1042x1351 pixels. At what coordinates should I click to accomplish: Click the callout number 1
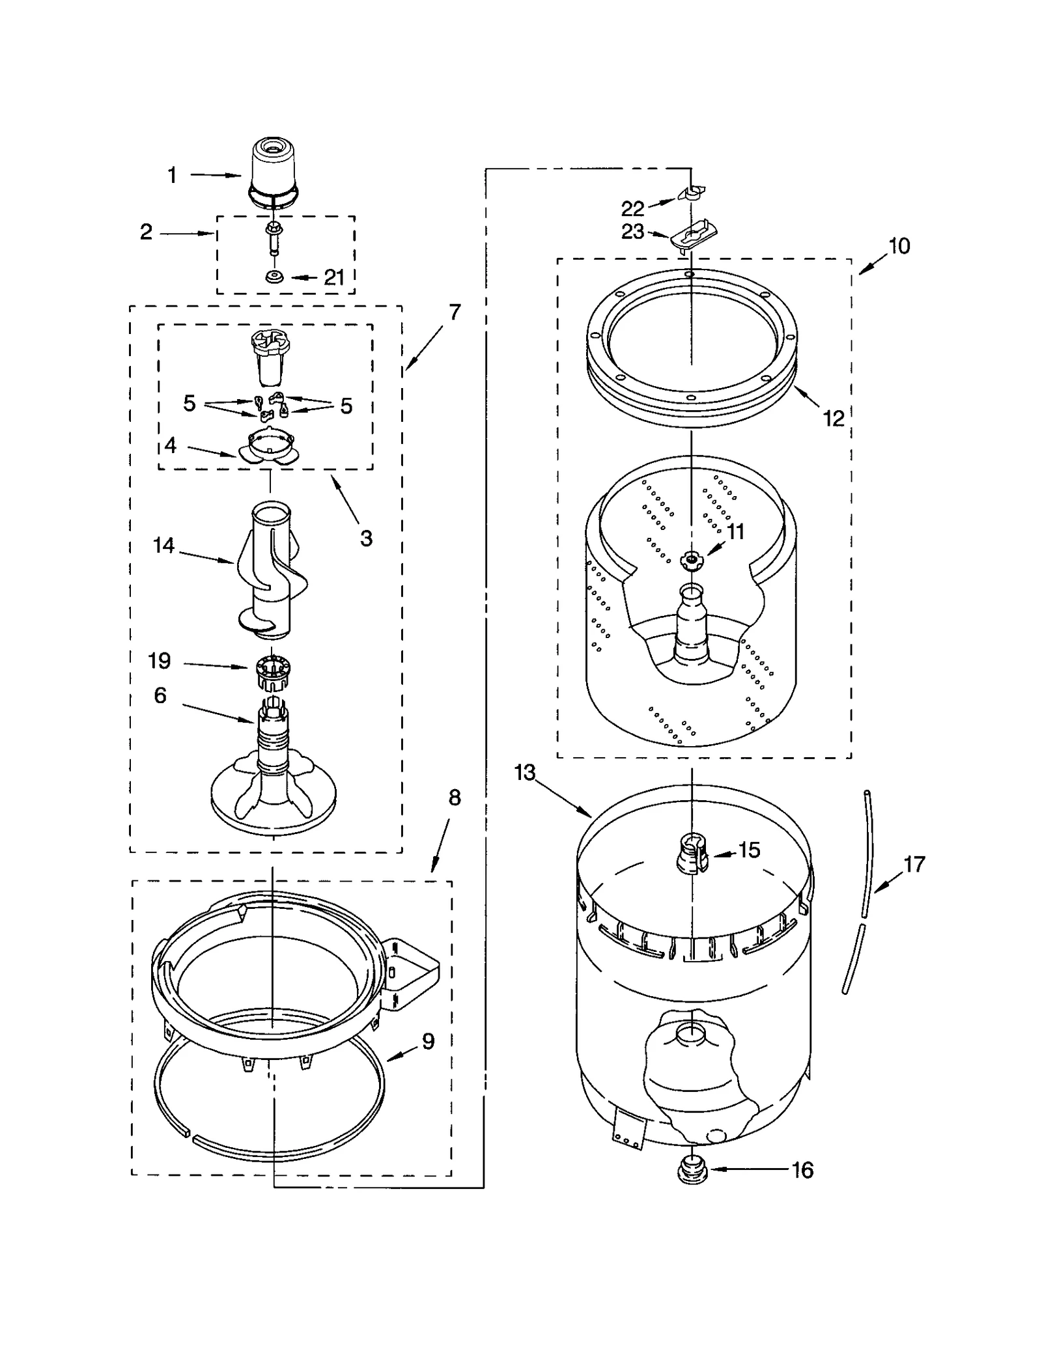click(172, 175)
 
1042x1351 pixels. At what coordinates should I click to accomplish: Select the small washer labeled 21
click(274, 278)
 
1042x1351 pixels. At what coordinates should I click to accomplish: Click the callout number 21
click(334, 278)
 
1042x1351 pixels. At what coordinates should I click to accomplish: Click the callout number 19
click(160, 662)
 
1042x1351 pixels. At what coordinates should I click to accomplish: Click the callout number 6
click(160, 695)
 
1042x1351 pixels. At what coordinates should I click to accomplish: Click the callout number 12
click(834, 419)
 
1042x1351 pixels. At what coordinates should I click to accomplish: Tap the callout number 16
click(802, 1171)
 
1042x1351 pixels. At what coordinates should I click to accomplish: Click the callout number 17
click(914, 865)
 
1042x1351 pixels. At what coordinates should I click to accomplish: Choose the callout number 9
click(428, 1042)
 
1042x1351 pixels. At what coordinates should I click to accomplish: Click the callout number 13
click(524, 773)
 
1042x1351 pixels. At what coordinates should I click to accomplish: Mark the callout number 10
click(899, 246)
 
